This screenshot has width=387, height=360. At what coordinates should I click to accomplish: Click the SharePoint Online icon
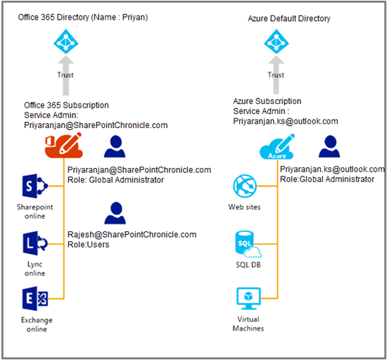pyautogui.click(x=35, y=186)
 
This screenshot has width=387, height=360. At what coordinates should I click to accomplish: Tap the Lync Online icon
pyautogui.click(x=35, y=243)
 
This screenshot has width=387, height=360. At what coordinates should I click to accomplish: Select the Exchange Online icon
pyautogui.click(x=35, y=299)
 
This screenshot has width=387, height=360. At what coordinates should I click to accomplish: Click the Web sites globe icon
pyautogui.click(x=245, y=186)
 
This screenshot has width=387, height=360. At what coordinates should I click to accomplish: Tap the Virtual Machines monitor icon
pyautogui.click(x=248, y=298)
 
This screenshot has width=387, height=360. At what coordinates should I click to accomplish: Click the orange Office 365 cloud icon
pyautogui.click(x=63, y=146)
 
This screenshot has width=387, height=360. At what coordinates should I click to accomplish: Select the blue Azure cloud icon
pyautogui.click(x=277, y=147)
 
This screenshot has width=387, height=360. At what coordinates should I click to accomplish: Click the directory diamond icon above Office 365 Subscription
pyautogui.click(x=66, y=41)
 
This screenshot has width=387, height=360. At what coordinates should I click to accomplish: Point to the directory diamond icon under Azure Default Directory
pyautogui.click(x=277, y=41)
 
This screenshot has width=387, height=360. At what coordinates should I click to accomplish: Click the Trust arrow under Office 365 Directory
pyautogui.click(x=65, y=75)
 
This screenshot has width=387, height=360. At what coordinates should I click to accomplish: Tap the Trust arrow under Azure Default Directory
pyautogui.click(x=277, y=75)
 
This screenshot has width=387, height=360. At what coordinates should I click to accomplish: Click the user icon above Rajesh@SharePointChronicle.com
pyautogui.click(x=115, y=213)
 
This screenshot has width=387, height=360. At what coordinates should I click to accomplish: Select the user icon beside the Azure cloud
pyautogui.click(x=329, y=146)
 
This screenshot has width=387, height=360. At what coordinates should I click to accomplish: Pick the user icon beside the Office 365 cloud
pyautogui.click(x=115, y=146)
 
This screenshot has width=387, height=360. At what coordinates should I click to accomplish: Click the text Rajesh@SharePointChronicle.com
pyautogui.click(x=132, y=235)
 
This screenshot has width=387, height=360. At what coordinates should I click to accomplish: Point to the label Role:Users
pyautogui.click(x=89, y=245)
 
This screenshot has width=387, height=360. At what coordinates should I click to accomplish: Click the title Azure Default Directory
pyautogui.click(x=289, y=18)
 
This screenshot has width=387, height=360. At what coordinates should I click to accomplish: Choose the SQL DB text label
pyautogui.click(x=248, y=265)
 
